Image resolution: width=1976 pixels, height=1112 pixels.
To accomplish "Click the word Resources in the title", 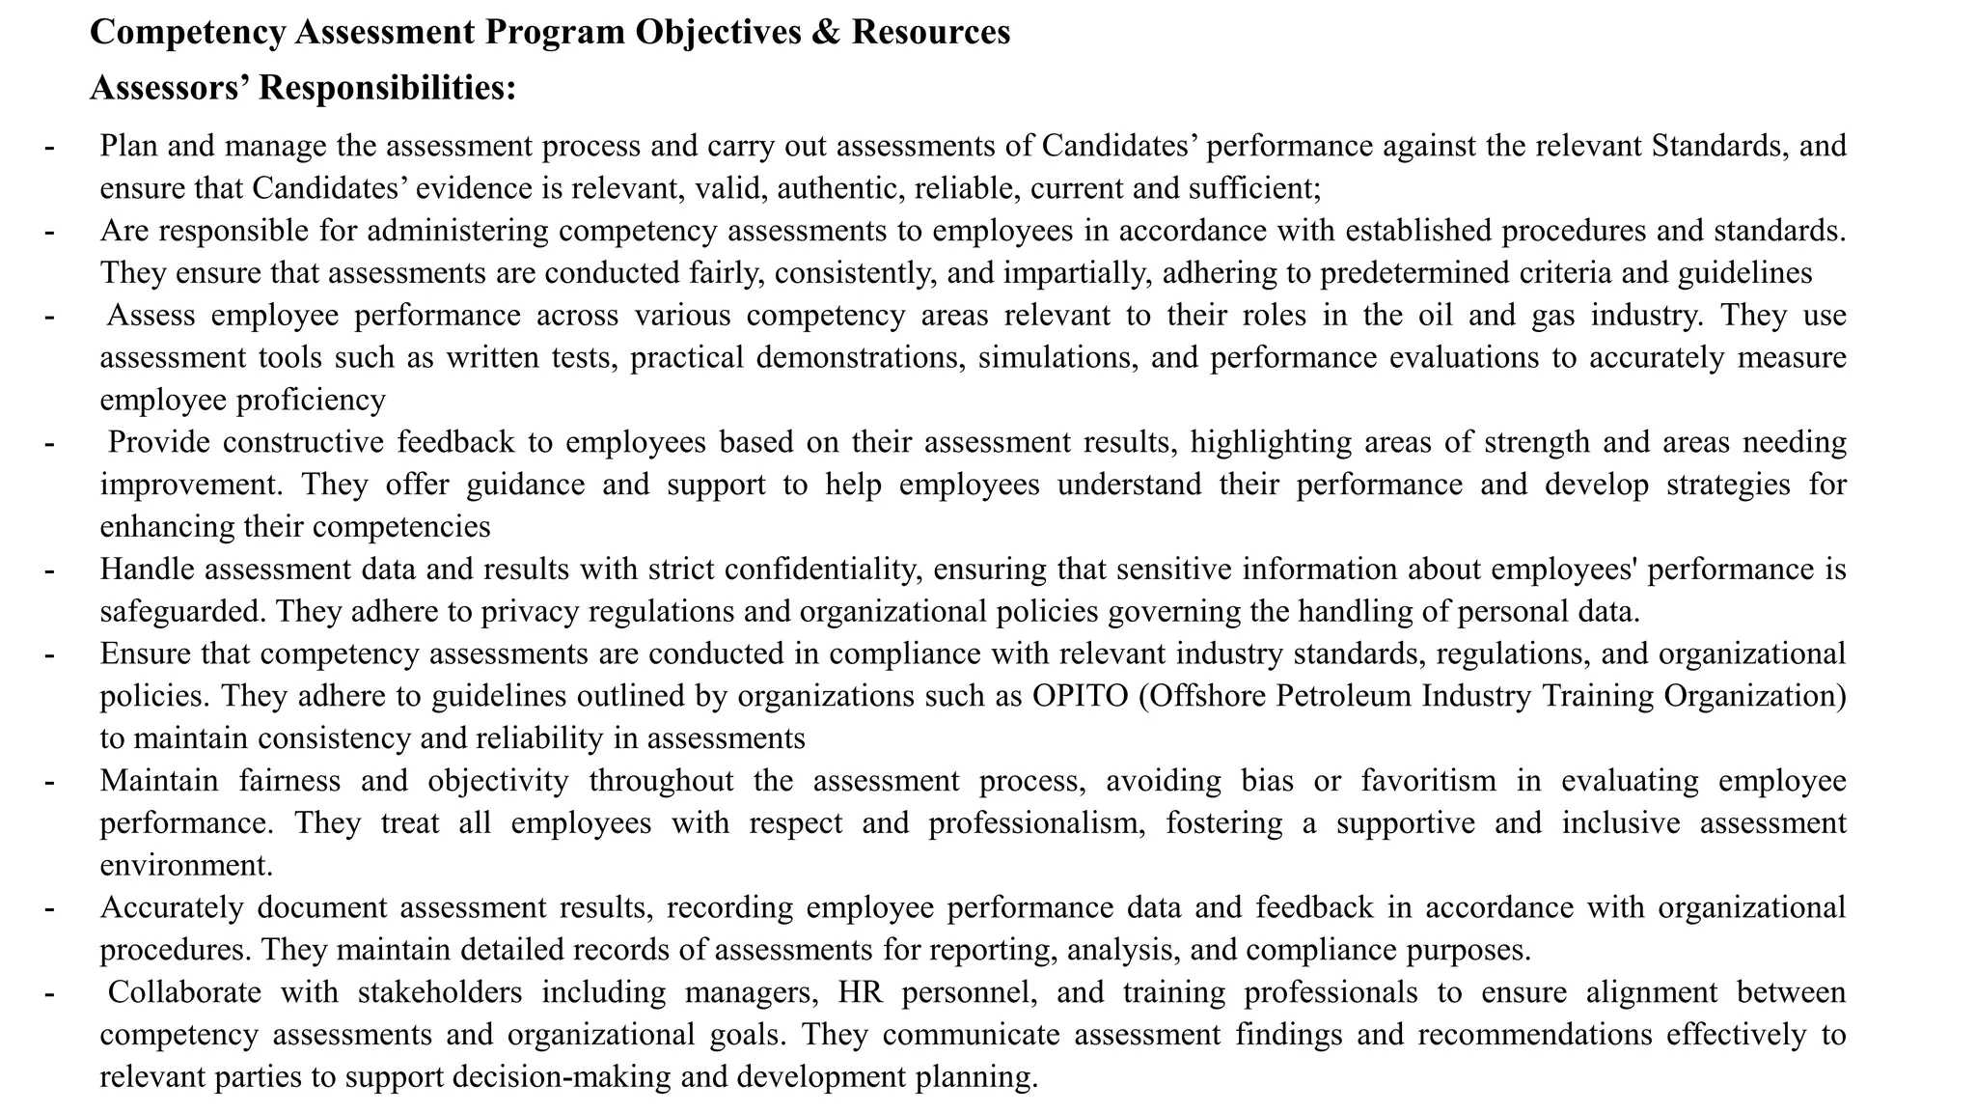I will tap(931, 32).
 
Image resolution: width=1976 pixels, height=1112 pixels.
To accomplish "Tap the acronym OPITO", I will tap(1081, 695).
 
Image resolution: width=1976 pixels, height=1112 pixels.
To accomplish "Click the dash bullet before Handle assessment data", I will tap(49, 569).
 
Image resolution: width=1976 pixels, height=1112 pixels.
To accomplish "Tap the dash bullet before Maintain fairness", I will tap(49, 780).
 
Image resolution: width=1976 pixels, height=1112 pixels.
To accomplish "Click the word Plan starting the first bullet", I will tap(129, 146).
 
